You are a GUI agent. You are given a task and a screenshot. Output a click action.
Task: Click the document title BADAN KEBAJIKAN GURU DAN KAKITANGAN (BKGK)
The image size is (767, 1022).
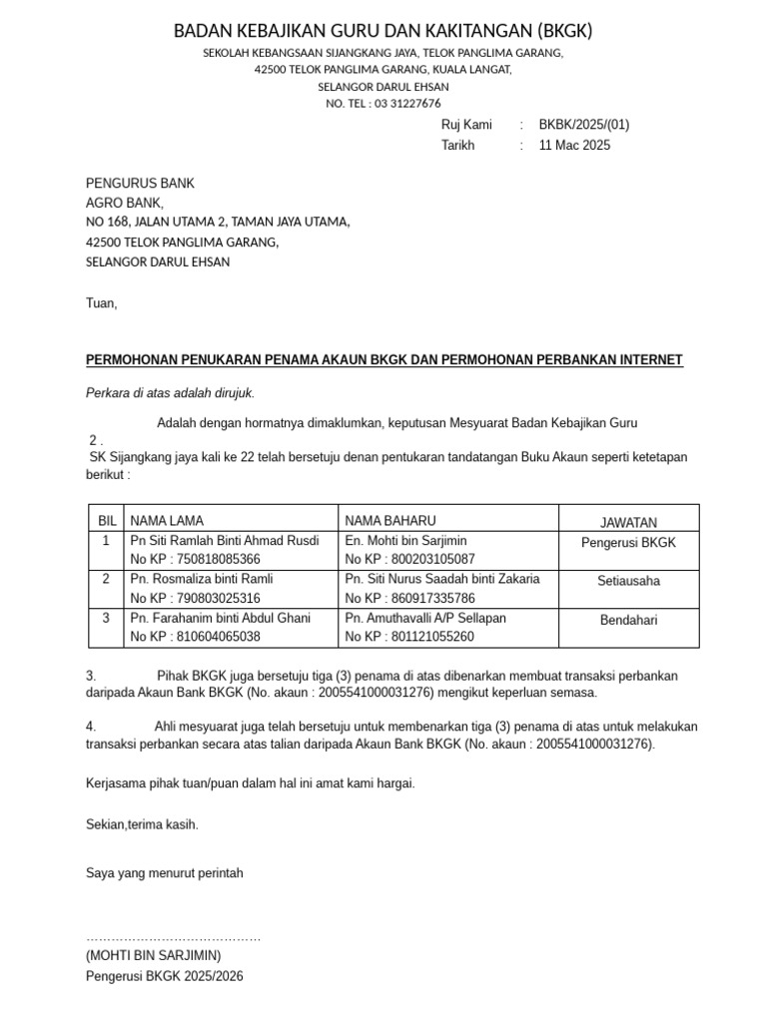[x=383, y=31]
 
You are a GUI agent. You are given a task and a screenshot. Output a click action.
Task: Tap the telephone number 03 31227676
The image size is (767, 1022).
[x=407, y=104]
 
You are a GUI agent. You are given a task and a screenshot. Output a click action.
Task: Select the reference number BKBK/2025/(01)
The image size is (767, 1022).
[x=584, y=125]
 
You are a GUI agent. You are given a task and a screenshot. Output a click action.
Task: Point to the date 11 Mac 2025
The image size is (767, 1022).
[x=574, y=145]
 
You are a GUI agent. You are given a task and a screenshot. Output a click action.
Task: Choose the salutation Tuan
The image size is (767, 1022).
[x=102, y=302]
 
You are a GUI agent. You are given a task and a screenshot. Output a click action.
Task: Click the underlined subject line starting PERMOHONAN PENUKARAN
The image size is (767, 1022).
[x=384, y=359]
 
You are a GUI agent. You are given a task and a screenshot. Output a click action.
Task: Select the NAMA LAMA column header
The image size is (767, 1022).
[x=167, y=521]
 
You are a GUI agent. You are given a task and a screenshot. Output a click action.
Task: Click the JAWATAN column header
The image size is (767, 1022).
[x=628, y=522]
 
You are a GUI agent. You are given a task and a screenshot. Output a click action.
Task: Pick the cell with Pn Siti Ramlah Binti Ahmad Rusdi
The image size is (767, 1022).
[x=225, y=541]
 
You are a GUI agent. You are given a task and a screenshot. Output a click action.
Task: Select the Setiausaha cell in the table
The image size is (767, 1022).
[x=628, y=581]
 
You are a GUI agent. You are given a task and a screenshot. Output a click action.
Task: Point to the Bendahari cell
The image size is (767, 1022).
[x=628, y=621]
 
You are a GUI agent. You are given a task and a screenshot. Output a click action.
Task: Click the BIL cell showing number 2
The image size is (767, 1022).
[x=106, y=579]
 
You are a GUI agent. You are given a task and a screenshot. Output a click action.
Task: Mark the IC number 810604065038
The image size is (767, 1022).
[x=195, y=637]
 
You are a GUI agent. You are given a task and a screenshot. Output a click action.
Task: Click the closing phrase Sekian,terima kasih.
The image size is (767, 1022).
[x=143, y=824]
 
